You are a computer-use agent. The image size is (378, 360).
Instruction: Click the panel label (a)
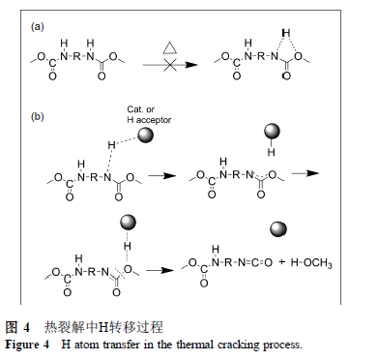tap(37, 26)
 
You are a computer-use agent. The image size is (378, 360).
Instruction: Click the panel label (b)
tap(37, 116)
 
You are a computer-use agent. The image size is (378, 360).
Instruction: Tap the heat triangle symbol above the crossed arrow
tap(170, 47)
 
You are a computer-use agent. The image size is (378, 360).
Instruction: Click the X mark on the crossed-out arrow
tap(170, 65)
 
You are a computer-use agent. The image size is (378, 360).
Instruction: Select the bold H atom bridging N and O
tap(285, 33)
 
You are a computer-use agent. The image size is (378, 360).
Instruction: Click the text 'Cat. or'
tap(140, 109)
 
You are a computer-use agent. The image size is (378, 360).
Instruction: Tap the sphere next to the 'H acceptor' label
tap(145, 135)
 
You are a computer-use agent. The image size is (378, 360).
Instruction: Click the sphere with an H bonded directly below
tap(272, 132)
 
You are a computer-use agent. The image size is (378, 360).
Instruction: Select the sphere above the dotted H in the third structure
tap(128, 223)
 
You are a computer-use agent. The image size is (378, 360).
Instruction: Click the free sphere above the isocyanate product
tap(277, 229)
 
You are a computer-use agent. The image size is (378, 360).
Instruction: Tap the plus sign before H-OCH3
tap(282, 261)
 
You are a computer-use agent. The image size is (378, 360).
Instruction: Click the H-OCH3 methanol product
tap(311, 263)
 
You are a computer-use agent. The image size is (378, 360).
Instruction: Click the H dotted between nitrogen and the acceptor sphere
tap(111, 145)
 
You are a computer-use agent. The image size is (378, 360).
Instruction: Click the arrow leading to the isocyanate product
tap(160, 270)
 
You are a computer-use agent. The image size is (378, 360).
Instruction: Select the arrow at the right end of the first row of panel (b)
tap(305, 173)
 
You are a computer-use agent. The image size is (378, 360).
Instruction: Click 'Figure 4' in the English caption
tap(27, 345)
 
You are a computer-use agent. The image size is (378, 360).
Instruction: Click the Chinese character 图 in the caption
tap(11, 327)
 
